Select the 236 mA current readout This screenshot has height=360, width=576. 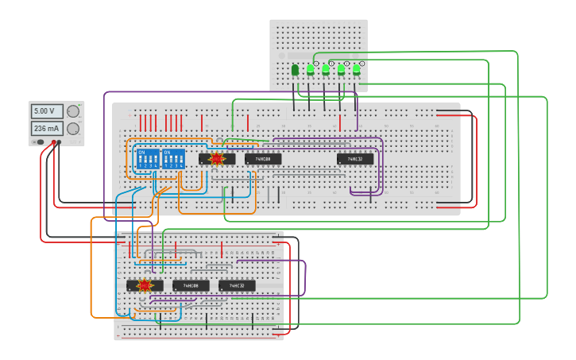pos(46,128)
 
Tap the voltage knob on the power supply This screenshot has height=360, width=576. pos(73,111)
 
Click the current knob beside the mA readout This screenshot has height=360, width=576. pos(73,128)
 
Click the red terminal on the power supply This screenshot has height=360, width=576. pos(54,143)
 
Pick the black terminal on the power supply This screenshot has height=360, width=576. pos(60,143)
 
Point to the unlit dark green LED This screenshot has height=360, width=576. pos(296,70)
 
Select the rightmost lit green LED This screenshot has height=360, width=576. pos(356,70)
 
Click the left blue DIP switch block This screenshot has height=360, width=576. pos(149,158)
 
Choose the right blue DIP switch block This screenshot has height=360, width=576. pos(173,158)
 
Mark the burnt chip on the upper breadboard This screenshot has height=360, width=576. pos(216,159)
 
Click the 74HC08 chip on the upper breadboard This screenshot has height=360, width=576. pos(263,159)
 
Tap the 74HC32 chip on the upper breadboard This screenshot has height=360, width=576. pos(355,159)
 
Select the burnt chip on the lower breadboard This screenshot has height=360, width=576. pos(145,285)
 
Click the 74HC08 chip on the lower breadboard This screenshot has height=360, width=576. pos(191,285)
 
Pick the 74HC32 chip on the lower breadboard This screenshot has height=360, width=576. pos(237,285)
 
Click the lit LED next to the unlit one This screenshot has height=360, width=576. pos(311,70)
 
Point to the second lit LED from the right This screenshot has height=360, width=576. pos(341,70)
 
